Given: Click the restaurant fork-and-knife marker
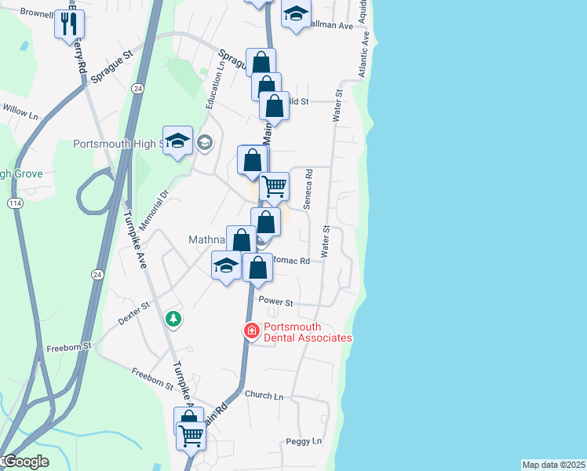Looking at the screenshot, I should click(68, 24).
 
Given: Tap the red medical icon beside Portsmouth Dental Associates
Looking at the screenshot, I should click(251, 331).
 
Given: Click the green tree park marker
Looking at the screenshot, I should click(173, 319).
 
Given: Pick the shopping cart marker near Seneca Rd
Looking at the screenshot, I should click(274, 187).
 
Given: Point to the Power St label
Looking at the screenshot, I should click(275, 302).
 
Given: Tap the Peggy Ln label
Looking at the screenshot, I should click(304, 442).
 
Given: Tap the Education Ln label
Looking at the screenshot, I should click(210, 93).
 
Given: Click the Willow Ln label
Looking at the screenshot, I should click(20, 115).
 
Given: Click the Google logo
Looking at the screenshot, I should click(25, 462).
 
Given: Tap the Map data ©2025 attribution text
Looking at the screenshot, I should click(553, 465).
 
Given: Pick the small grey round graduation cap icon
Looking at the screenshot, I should click(205, 142).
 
